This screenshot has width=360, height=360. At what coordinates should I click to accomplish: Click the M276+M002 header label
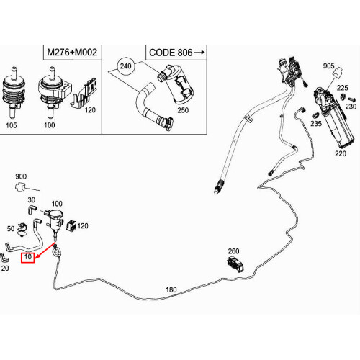click(72, 52)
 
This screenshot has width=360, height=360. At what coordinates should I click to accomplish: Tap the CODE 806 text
click(171, 53)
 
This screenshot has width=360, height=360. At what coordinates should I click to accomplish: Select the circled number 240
click(126, 66)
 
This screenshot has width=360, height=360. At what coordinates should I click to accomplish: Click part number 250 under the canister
click(183, 110)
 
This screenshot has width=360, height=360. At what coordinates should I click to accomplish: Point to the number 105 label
click(12, 125)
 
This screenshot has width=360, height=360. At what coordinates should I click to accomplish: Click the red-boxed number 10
click(28, 257)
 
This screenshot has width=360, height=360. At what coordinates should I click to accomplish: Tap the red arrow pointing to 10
click(45, 251)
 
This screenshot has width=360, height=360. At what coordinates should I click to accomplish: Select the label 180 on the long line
click(171, 289)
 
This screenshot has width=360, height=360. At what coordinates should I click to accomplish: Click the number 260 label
click(233, 251)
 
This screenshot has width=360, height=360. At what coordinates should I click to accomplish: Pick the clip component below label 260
click(235, 264)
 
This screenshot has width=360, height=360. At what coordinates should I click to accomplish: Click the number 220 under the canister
click(341, 153)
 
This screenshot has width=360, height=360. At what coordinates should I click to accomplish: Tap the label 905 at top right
click(328, 66)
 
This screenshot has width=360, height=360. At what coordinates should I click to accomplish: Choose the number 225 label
click(342, 88)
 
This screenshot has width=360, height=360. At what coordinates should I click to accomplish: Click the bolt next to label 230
click(351, 99)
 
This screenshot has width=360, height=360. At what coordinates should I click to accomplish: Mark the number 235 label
click(316, 124)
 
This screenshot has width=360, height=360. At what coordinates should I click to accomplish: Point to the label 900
click(21, 176)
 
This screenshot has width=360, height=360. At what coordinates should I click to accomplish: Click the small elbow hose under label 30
click(31, 209)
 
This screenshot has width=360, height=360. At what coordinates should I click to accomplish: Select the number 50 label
click(11, 228)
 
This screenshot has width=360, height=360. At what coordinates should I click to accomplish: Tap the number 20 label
click(5, 268)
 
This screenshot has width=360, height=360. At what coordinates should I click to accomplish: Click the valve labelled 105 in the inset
click(13, 93)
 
